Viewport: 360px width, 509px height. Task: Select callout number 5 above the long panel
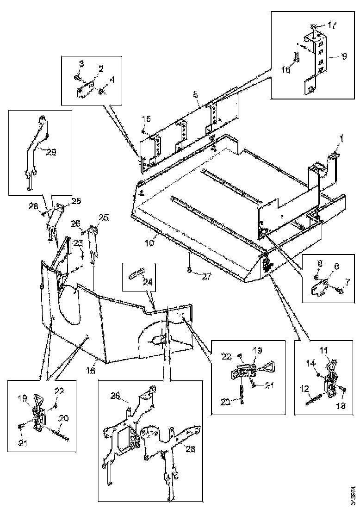coord(195,94)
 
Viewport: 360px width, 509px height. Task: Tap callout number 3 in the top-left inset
coord(81,63)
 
